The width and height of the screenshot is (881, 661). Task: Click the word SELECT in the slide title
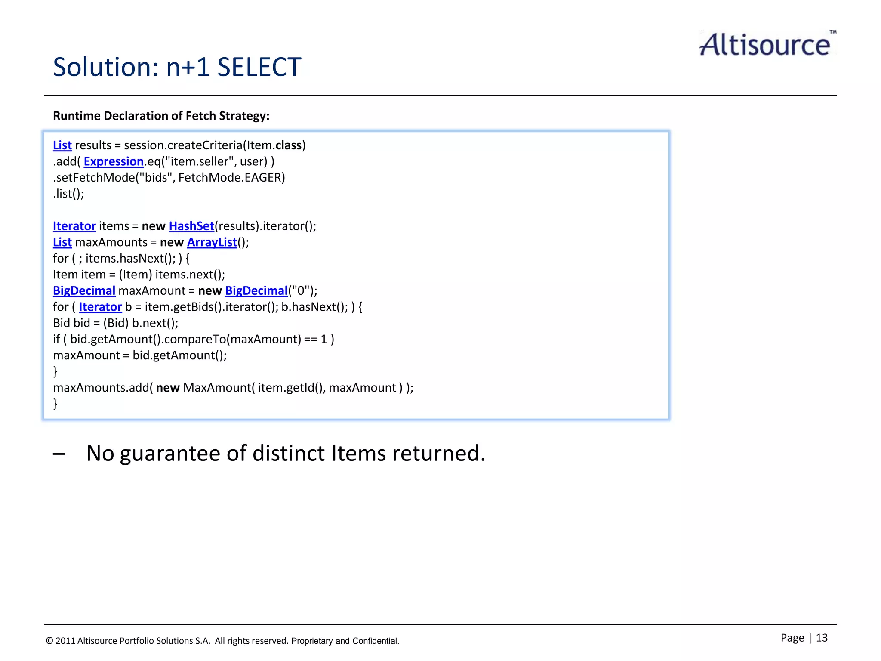pyautogui.click(x=259, y=67)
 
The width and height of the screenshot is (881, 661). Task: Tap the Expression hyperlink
pyautogui.click(x=114, y=161)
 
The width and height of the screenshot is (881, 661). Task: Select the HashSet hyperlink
pyautogui.click(x=191, y=226)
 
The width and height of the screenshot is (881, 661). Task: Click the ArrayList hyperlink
pyautogui.click(x=212, y=242)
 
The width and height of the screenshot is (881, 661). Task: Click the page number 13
pyautogui.click(x=821, y=638)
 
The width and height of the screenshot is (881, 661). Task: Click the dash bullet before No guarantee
pyautogui.click(x=59, y=454)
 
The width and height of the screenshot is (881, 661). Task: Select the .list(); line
pyautogui.click(x=68, y=194)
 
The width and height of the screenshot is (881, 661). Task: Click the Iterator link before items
pyautogui.click(x=74, y=226)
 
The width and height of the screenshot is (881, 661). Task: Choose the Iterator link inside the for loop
pyautogui.click(x=100, y=307)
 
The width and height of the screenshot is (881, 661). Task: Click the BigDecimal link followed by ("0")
pyautogui.click(x=256, y=291)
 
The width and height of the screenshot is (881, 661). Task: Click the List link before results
pyautogui.click(x=62, y=145)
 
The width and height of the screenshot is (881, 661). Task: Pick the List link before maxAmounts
pyautogui.click(x=62, y=242)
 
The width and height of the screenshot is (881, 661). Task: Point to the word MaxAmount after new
pyautogui.click(x=216, y=388)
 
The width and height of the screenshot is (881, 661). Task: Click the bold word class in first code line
pyautogui.click(x=288, y=145)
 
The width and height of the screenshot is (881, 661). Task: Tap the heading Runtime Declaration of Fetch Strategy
pyautogui.click(x=161, y=116)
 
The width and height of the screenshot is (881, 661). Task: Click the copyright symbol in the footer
pyautogui.click(x=49, y=641)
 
